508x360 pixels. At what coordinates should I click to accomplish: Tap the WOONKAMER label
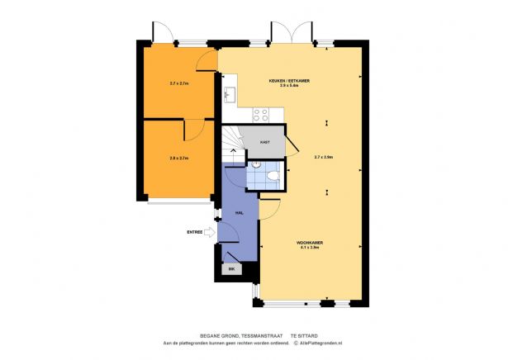[310, 242]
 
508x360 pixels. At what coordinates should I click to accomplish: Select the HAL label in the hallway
[238, 213]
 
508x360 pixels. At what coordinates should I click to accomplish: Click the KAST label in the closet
[264, 142]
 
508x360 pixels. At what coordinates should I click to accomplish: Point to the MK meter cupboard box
[231, 269]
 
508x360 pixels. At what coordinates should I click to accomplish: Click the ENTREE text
[195, 233]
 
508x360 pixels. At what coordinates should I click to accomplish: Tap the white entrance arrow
[209, 233]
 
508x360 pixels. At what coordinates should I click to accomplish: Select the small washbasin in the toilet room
[257, 165]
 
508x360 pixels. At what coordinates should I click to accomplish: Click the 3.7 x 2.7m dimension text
[179, 83]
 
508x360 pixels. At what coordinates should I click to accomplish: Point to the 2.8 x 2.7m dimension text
[179, 158]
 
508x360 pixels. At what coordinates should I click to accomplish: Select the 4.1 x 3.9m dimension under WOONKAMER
[311, 247]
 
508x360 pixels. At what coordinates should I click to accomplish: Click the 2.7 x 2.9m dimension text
[323, 157]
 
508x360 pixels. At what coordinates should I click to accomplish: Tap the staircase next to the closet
[234, 140]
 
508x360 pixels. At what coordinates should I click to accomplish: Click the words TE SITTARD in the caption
[305, 336]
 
